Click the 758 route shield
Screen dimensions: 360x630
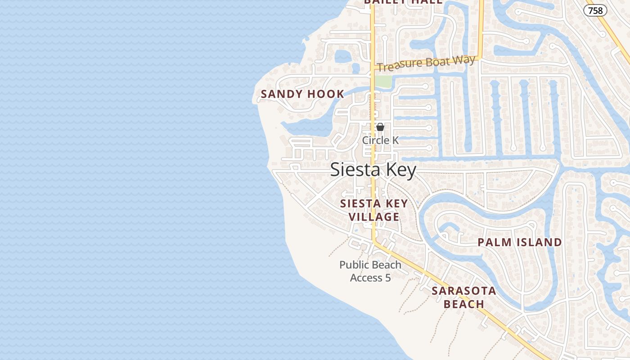coord(595,10)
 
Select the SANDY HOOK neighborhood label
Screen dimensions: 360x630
coord(302,94)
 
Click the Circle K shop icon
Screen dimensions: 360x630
coord(380,127)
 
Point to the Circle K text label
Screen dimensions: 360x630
coord(380,140)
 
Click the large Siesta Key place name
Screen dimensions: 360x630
coord(373,170)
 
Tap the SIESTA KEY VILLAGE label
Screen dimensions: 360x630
coord(374,210)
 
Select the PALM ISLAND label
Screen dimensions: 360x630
coord(519,243)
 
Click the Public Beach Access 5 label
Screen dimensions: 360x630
coord(370,271)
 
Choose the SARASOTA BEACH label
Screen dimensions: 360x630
coord(463,297)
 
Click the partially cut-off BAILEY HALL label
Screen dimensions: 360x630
coord(403,2)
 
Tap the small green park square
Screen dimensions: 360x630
coord(383,82)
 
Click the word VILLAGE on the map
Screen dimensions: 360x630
coord(374,217)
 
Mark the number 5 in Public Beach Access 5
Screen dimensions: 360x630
coord(387,278)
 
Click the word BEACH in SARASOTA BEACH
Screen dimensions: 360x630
coord(463,304)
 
